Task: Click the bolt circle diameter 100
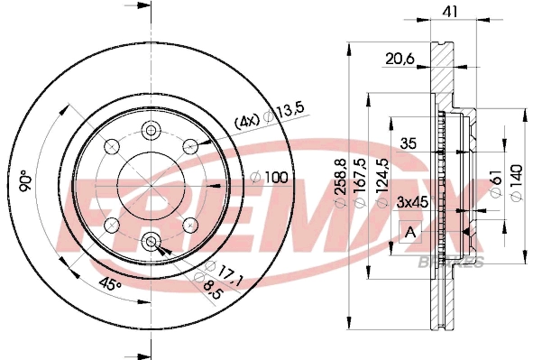pyautogui.click(x=277, y=177)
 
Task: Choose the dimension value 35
pyautogui.click(x=408, y=143)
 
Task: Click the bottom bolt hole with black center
pyautogui.click(x=151, y=242)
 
